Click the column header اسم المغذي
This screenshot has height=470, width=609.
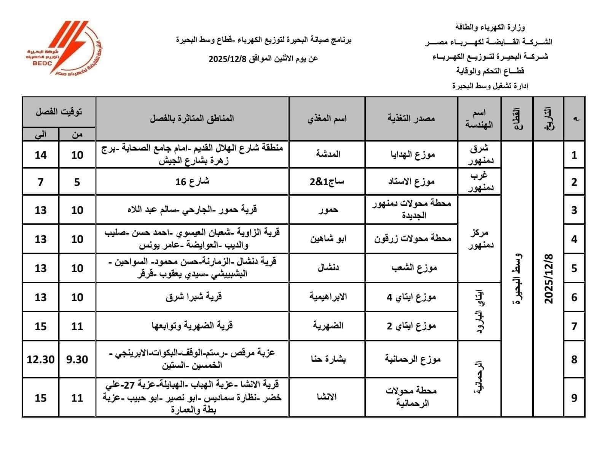(327, 119)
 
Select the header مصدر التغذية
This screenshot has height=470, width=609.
(411, 119)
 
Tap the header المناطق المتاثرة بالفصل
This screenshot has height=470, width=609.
(192, 119)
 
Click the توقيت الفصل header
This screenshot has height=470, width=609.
(59, 112)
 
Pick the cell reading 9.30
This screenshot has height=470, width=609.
(77, 359)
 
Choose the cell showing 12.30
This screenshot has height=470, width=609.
(41, 359)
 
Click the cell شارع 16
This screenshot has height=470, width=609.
(192, 182)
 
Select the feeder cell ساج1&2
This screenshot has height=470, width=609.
(327, 182)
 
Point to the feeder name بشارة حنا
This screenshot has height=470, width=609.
(327, 359)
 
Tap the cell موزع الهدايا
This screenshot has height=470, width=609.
(411, 155)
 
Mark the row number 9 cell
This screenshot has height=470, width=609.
(574, 398)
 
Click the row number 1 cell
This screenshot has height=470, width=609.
(574, 155)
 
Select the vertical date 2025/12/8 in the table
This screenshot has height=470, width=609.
(548, 279)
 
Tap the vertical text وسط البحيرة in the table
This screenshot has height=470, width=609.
(517, 279)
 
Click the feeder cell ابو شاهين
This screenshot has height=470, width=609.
(327, 239)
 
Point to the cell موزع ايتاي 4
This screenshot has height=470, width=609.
(411, 297)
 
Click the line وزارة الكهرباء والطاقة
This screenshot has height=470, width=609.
(490, 27)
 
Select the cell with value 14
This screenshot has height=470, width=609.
(41, 155)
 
